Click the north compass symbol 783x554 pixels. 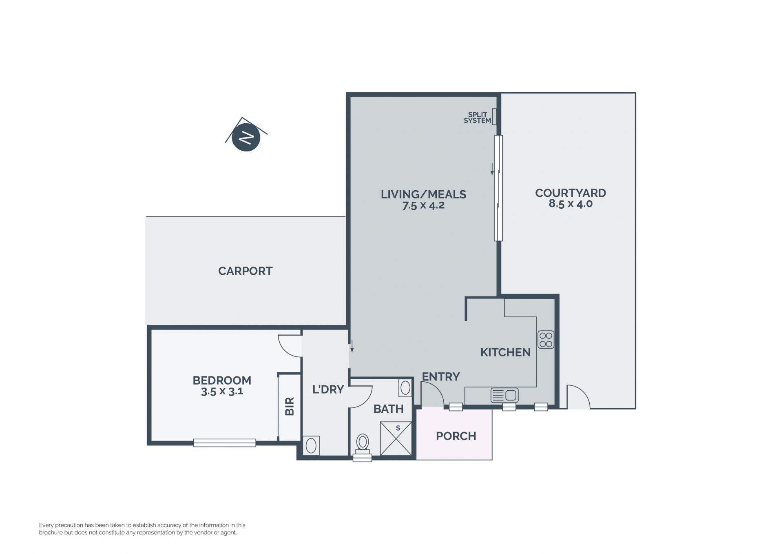246,137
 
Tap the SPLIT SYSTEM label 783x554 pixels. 477,118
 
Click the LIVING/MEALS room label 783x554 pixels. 423,194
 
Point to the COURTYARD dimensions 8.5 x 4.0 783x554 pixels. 571,204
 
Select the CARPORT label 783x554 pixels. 245,271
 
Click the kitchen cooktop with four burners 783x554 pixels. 546,339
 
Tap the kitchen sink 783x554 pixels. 504,395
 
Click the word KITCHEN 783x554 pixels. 505,352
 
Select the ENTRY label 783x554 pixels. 441,376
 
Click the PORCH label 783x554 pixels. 456,436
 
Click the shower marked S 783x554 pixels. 396,438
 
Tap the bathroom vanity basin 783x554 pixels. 405,388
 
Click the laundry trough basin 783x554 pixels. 311,446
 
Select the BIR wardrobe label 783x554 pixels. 290,407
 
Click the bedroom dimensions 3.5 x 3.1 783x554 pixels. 222,392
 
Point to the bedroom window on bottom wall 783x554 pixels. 225,443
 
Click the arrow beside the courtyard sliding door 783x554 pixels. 492,169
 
